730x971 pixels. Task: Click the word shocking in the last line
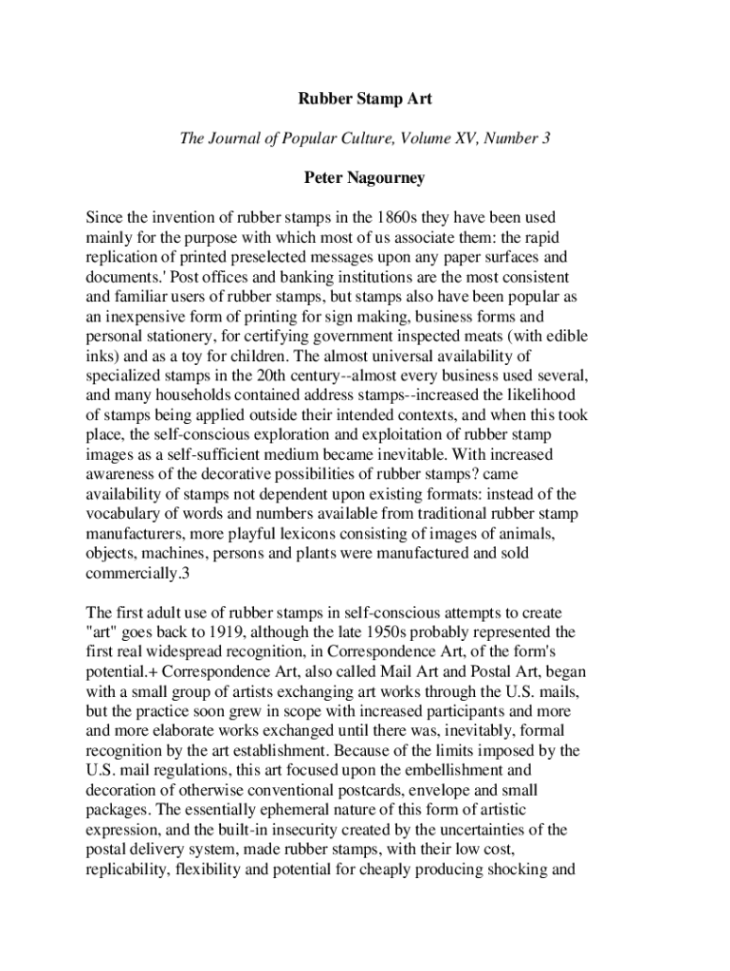pos(517,870)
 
